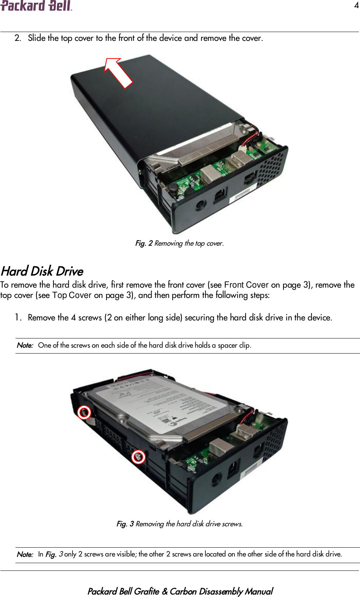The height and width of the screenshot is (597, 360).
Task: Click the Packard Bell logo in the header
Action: pos(36,6)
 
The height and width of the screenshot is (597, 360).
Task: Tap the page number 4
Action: pos(356,5)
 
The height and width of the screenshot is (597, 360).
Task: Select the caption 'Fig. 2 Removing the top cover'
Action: pos(179,243)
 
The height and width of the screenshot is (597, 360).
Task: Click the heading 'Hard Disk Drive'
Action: pos(42,271)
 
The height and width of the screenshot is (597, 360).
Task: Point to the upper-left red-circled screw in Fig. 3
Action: pos(84,412)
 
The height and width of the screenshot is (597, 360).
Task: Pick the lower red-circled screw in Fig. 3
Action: pos(138,457)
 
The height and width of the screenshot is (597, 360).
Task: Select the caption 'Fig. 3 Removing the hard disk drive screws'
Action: pos(179,524)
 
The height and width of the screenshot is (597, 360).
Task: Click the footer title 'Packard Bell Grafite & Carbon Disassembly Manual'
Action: pos(180,591)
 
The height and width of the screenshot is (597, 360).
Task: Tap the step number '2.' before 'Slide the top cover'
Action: pos(18,38)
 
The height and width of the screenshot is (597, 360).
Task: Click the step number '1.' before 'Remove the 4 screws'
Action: pos(18,317)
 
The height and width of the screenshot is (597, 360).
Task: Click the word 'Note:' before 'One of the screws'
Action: pos(25,345)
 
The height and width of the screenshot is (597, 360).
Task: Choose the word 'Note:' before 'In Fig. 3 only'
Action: pos(25,554)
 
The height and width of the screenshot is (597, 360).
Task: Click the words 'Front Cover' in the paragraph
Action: pos(246,285)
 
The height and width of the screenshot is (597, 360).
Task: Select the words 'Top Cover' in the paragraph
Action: pos(72,295)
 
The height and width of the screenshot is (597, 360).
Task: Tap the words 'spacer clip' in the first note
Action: pos(234,345)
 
